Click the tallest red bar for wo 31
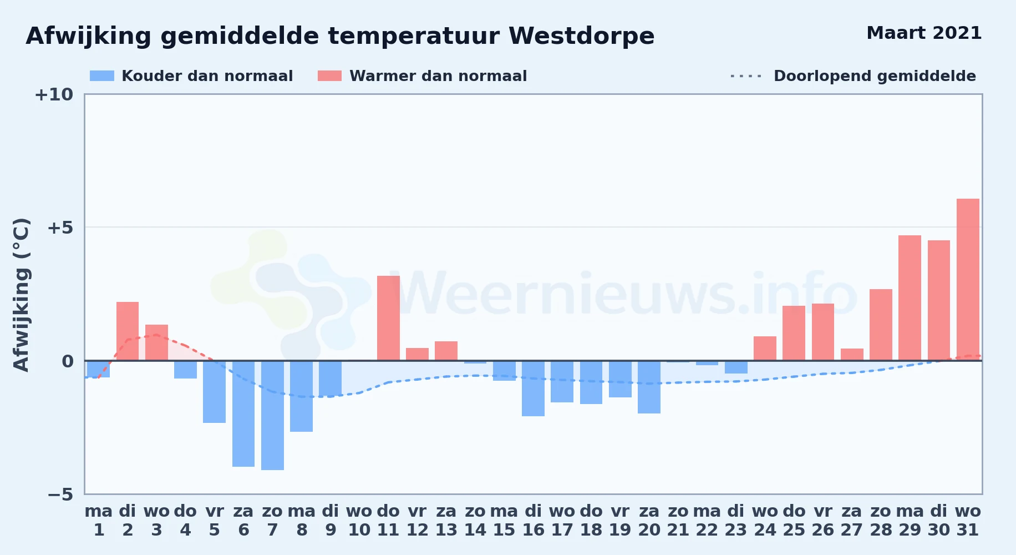point(968,280)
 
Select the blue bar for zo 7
point(272,415)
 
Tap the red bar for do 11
point(388,318)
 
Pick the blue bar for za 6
point(243,413)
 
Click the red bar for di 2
point(128,331)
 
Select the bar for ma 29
point(910,298)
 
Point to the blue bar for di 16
point(533,389)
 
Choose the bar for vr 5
point(214,392)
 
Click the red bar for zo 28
point(881,325)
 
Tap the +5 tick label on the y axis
point(60,228)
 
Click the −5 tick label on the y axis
point(60,495)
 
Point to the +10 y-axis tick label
point(54,94)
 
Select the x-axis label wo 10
point(359,521)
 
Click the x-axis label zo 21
point(678,521)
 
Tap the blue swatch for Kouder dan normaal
point(102,76)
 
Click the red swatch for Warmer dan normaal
point(329,76)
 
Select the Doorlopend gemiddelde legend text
point(875,76)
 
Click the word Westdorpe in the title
point(581,36)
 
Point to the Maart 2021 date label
point(924,33)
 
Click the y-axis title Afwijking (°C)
point(22,295)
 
